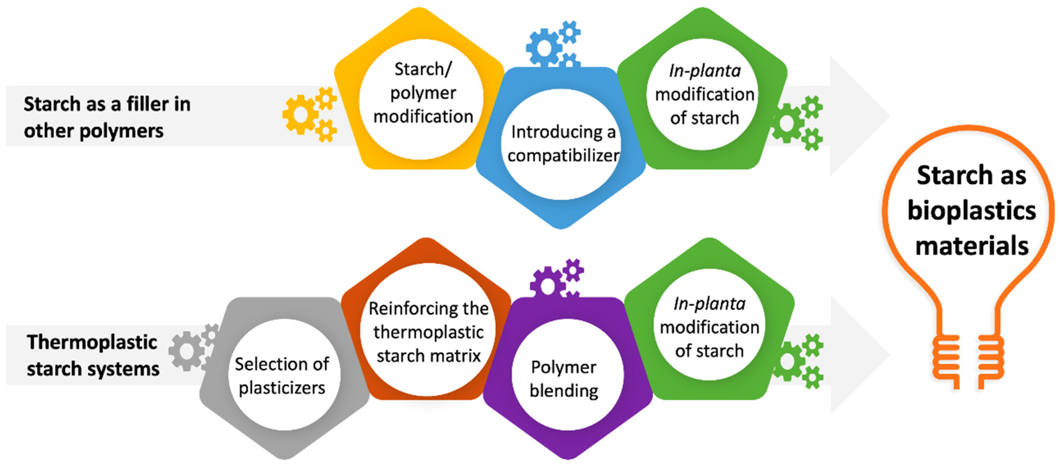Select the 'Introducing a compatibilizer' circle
click(562, 144)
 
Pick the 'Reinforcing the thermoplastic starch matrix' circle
click(428, 331)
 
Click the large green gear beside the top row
click(787, 123)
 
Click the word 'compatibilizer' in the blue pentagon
click(563, 156)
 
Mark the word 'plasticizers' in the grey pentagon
click(282, 388)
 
